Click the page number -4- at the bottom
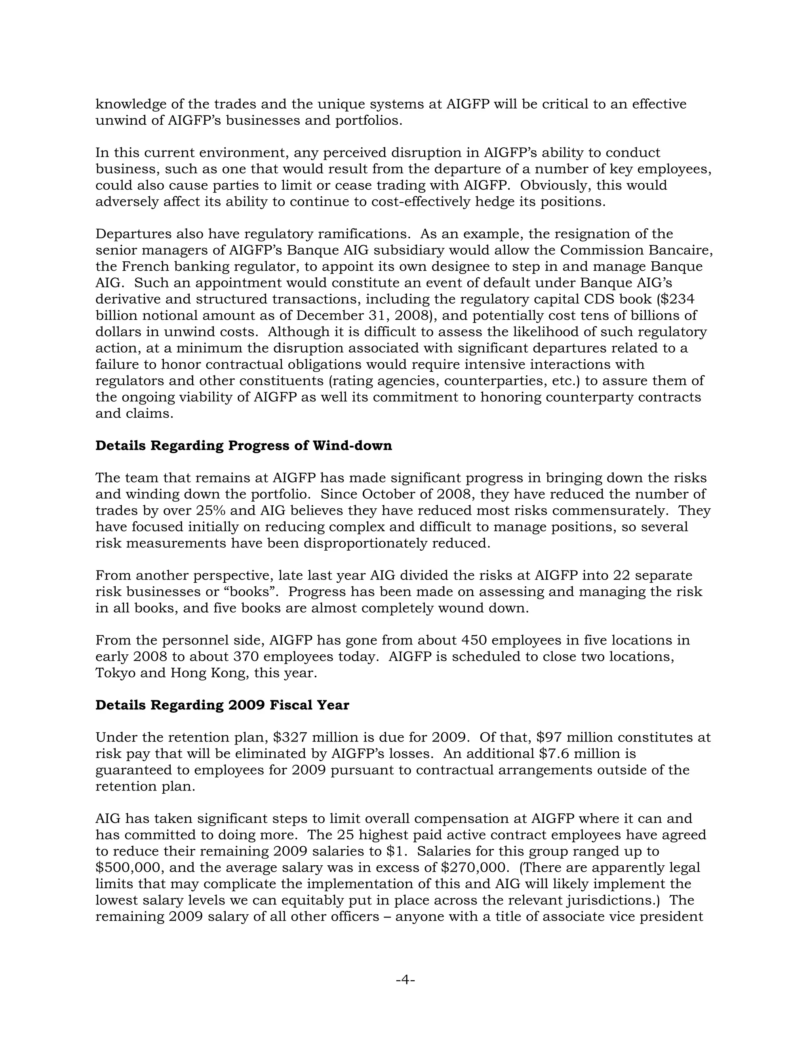tap(405, 979)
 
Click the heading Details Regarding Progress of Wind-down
tap(244, 446)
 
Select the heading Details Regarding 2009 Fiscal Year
tap(222, 705)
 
